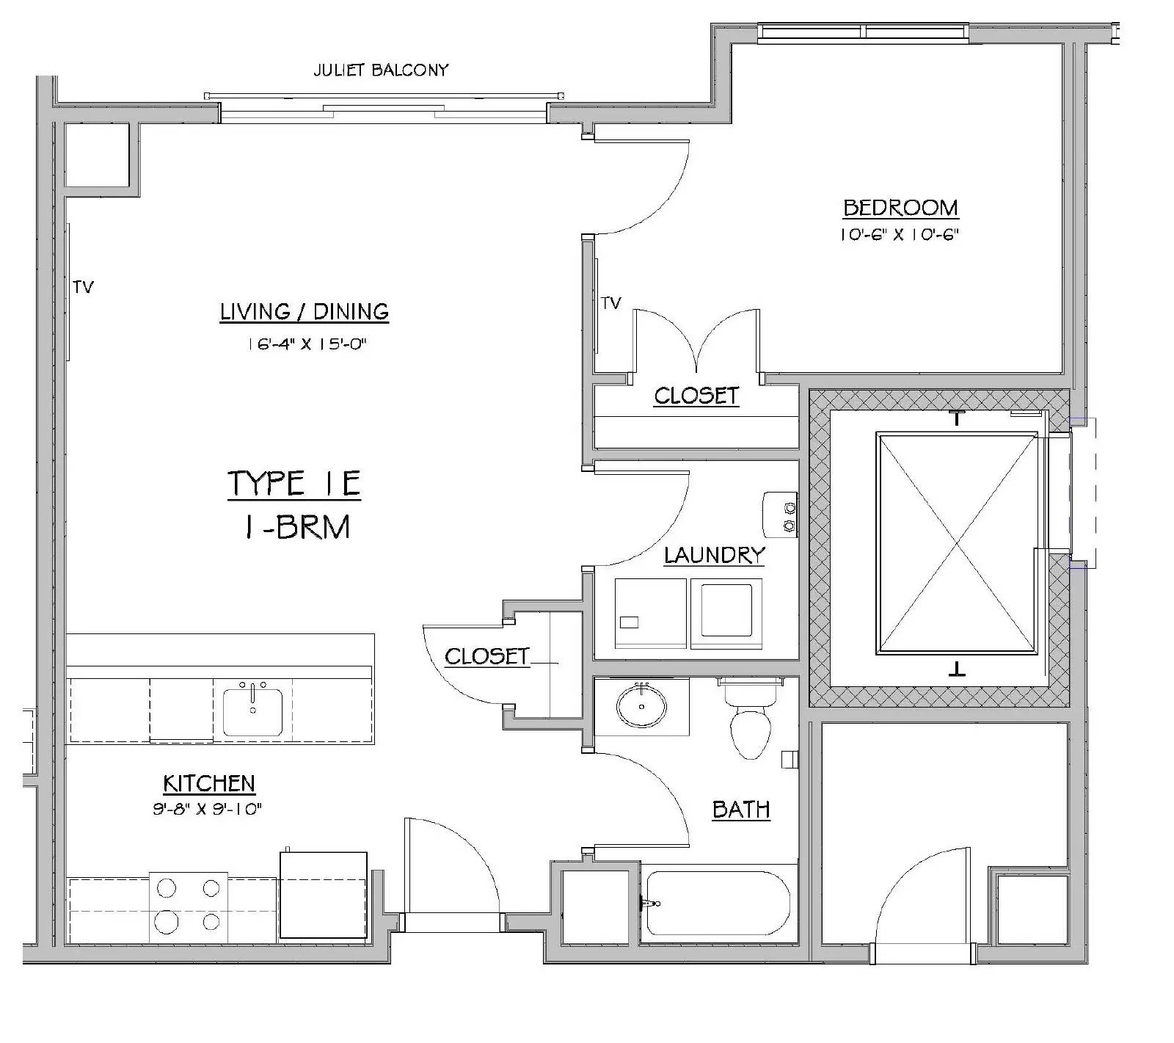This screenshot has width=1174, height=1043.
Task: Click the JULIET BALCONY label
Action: click(x=380, y=70)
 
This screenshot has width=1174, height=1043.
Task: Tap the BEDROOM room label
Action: click(x=900, y=208)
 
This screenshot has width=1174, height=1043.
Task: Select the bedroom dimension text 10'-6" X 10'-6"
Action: click(x=900, y=235)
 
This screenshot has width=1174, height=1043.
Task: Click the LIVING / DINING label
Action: click(x=304, y=312)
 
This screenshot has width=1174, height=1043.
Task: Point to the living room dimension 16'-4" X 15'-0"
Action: click(x=307, y=344)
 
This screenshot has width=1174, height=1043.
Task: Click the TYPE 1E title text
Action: click(x=294, y=484)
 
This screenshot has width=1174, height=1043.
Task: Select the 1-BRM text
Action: click(x=297, y=527)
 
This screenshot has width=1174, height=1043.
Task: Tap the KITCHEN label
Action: click(x=209, y=783)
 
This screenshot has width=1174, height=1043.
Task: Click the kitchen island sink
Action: click(x=252, y=708)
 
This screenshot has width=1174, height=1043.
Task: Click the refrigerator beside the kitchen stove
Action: click(x=324, y=894)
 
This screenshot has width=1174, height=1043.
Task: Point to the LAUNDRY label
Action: click(x=714, y=555)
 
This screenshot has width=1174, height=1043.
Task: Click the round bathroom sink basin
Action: click(x=642, y=707)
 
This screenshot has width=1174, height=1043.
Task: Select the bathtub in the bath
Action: click(x=716, y=904)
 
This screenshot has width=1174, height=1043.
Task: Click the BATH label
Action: click(x=741, y=809)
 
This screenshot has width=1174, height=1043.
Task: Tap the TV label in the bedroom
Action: click(x=611, y=302)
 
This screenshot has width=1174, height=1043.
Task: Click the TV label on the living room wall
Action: click(x=84, y=287)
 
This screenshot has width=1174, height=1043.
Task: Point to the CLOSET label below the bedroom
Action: click(x=696, y=396)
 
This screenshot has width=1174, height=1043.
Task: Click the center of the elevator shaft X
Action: click(x=958, y=543)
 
